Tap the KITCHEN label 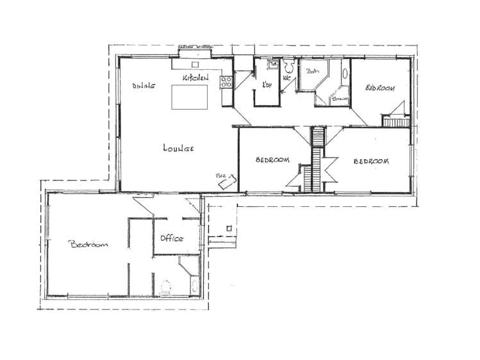[x=195, y=78]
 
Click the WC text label [x=286, y=79]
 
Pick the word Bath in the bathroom [x=313, y=72]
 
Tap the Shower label [x=339, y=99]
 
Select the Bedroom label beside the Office [x=88, y=244]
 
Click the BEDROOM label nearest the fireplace [x=272, y=160]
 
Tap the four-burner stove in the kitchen [x=226, y=81]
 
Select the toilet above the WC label [x=286, y=66]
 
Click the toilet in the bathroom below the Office [x=167, y=289]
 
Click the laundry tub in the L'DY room [x=272, y=65]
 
